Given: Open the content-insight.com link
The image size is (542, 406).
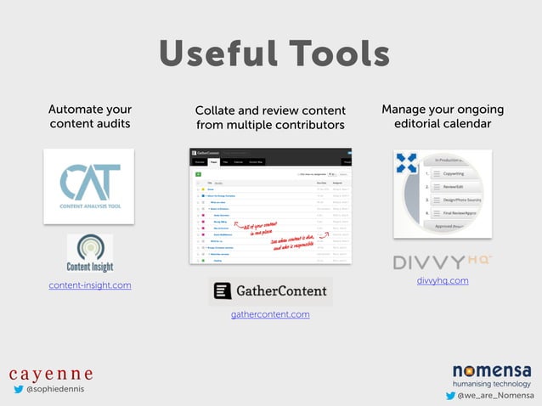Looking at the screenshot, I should pos(90,285).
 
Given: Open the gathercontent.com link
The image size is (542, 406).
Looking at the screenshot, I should pos(270,314).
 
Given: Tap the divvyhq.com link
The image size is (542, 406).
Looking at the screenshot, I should pos(442,280).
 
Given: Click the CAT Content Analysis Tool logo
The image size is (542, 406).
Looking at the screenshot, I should pos(89,186).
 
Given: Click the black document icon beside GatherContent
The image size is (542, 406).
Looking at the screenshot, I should pos(222,290).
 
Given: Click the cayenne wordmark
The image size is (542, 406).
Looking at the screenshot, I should pos(51,374).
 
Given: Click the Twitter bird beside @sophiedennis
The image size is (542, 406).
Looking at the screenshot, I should pos(18,390).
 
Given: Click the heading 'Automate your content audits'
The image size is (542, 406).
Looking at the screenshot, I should pos(89,116).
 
